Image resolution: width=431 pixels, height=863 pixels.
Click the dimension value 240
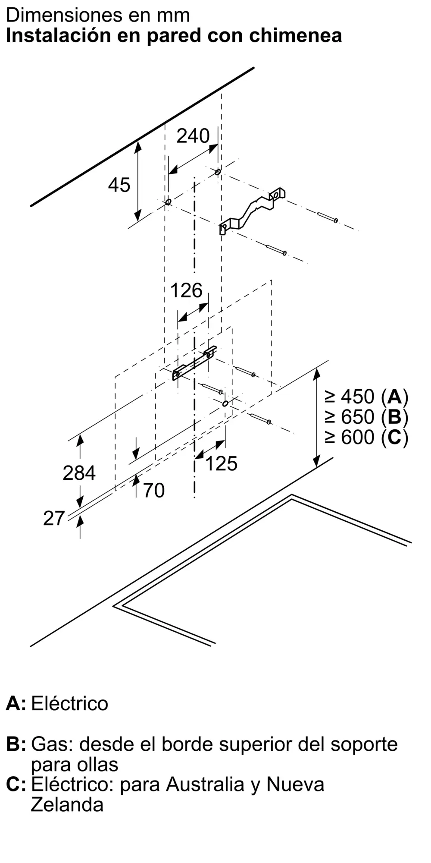pyautogui.click(x=193, y=136)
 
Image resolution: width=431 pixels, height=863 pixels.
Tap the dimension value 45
pyautogui.click(x=119, y=185)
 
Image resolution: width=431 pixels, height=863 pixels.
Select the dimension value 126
pyautogui.click(x=186, y=290)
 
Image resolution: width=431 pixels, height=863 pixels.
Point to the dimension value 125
pyautogui.click(x=222, y=463)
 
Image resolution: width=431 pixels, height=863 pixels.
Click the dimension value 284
pyautogui.click(x=79, y=473)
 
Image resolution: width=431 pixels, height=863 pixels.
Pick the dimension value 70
pyautogui.click(x=154, y=491)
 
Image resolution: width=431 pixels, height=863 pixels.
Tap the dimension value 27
pyautogui.click(x=54, y=518)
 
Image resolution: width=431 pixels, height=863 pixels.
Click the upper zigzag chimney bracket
pyautogui.click(x=253, y=210)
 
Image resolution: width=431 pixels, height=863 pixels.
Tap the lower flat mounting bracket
pyautogui.click(x=194, y=362)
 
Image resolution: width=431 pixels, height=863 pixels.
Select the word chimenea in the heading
pyautogui.click(x=296, y=35)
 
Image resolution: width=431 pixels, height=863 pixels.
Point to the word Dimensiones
pyautogui.click(x=58, y=15)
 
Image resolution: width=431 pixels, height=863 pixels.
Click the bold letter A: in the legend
pyautogui.click(x=16, y=703)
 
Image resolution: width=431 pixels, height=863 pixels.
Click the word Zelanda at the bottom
pyautogui.click(x=67, y=804)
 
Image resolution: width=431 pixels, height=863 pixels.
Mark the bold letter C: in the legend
pyautogui.click(x=16, y=784)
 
